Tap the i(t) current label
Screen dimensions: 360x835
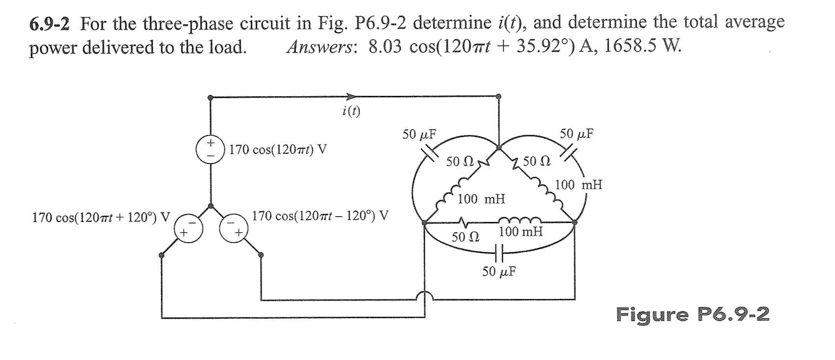[350, 112]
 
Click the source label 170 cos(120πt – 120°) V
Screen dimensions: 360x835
[321, 216]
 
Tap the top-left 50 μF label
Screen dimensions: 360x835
[416, 134]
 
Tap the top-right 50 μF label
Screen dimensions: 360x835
[577, 134]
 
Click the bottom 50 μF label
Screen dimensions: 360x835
[498, 271]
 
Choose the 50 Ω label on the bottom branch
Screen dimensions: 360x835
[464, 237]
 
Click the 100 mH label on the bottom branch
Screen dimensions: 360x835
[520, 232]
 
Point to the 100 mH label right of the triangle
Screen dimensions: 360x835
[579, 185]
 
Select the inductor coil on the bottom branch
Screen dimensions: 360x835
[520, 220]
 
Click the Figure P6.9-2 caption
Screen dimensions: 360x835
[693, 313]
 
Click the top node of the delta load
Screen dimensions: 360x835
[499, 146]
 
